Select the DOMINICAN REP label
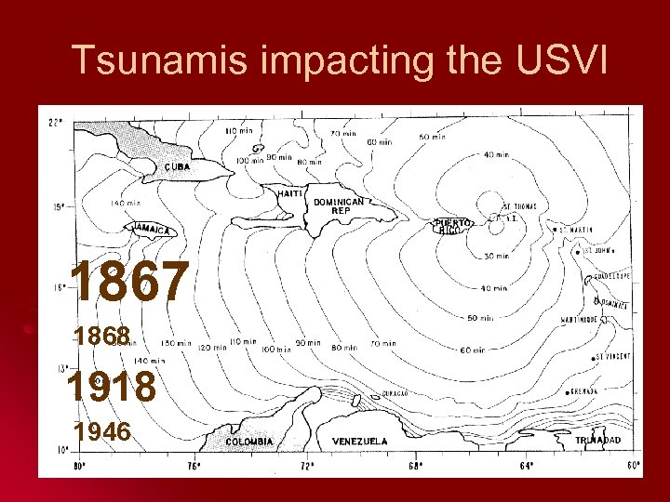coord(339,206)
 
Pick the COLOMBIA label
coord(250,442)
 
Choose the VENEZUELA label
coord(359,441)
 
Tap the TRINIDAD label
coord(597,440)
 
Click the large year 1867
coord(129,283)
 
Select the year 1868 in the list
coord(102,337)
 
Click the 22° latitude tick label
coord(55,121)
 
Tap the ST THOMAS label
coord(519,206)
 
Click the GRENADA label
coord(584,391)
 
